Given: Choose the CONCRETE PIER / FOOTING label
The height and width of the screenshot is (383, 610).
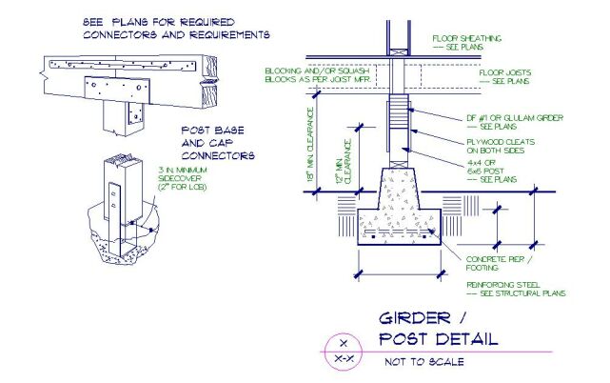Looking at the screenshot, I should (499, 264).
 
